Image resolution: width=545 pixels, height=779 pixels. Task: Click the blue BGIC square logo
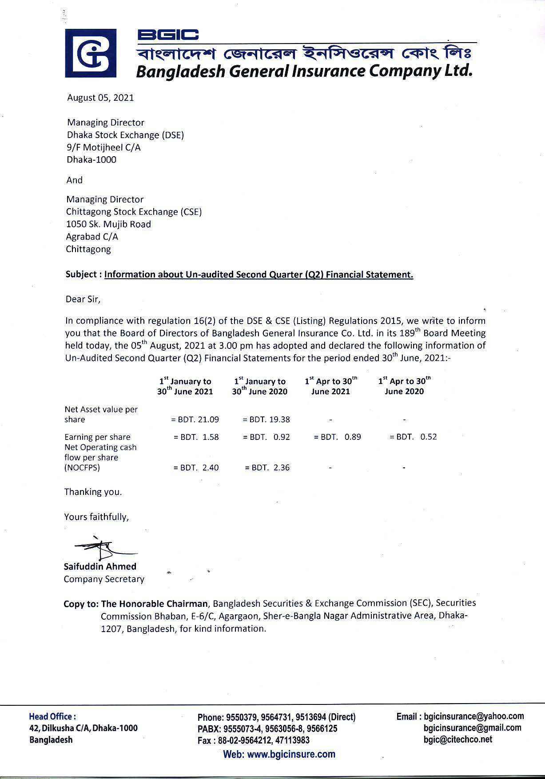coord(91,53)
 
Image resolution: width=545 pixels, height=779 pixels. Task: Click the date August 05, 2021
coord(100,98)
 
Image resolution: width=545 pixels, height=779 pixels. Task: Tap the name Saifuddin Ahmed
coord(100,566)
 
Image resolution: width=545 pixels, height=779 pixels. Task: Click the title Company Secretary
coord(104,579)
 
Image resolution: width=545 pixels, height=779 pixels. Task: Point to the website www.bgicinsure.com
coord(279,754)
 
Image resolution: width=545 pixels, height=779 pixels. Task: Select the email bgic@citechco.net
coord(458,739)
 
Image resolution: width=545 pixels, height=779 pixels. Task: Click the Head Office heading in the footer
coord(52,716)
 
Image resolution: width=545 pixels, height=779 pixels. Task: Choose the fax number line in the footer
coord(254,740)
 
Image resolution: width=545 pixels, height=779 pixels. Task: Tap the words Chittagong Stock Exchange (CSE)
coord(134,212)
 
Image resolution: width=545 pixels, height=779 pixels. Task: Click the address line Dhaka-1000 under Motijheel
coord(91,160)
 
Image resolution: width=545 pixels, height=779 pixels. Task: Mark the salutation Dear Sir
coord(83,299)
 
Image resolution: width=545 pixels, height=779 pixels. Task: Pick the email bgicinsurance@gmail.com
coord(473,728)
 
